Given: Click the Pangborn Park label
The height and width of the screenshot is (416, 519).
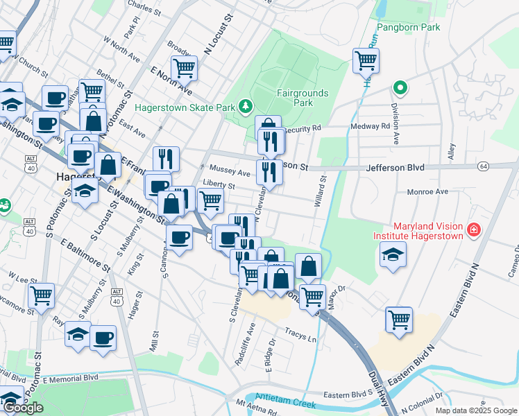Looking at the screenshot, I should tap(409, 28).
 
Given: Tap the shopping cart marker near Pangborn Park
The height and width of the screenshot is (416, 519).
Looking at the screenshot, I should tap(365, 60).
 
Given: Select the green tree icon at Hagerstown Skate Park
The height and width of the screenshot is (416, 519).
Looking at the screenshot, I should tap(244, 106).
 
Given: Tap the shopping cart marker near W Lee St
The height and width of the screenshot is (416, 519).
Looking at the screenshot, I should tap(42, 295).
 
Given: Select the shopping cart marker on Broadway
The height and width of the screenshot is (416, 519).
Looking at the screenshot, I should tap(184, 68).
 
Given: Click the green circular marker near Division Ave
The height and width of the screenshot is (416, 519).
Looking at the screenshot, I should tap(400, 88).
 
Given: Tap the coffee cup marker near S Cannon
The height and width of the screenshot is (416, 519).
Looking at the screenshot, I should tap(179, 238).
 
